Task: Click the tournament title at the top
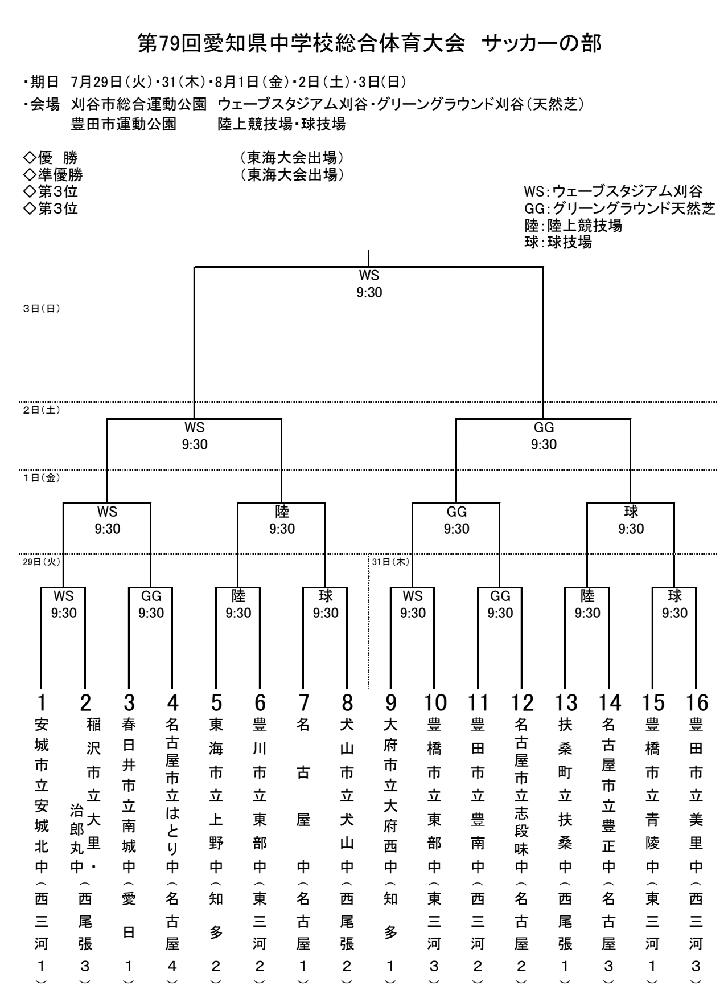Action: tap(369, 44)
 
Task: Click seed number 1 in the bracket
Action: tap(42, 703)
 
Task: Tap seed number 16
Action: tap(697, 703)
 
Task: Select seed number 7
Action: tap(303, 703)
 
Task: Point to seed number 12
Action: tap(522, 703)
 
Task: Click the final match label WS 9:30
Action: tap(369, 284)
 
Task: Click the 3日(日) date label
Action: tap(42, 309)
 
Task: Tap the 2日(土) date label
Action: tap(42, 410)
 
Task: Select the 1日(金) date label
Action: tap(42, 477)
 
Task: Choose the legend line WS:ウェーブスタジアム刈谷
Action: tap(613, 191)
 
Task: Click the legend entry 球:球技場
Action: tap(558, 242)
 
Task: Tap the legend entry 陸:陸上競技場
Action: tap(573, 225)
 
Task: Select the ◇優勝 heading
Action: tap(50, 158)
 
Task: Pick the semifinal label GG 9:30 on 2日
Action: tap(544, 436)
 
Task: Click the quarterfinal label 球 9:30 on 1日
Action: tap(631, 520)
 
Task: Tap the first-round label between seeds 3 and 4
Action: tap(151, 604)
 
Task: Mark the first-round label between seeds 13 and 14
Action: tap(587, 604)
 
